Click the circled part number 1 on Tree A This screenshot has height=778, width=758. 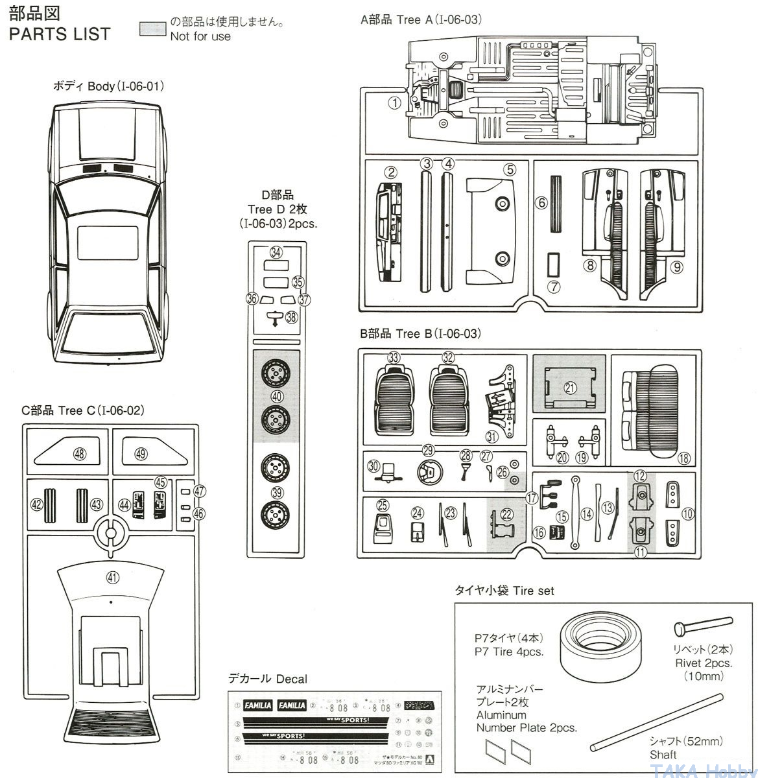point(394,102)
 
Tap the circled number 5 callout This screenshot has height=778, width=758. point(510,170)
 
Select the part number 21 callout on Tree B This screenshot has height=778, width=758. point(570,388)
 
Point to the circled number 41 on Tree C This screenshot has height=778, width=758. point(113,578)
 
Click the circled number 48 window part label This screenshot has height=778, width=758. point(79,454)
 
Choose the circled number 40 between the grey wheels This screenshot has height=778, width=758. point(277,397)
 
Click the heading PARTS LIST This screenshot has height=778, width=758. point(60,34)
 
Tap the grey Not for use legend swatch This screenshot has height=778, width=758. point(152,28)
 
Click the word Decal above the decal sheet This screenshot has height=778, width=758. point(291,679)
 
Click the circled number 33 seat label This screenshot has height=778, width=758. point(394,357)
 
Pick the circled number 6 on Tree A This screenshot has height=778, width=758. point(541,203)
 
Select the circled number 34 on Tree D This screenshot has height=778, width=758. point(276,252)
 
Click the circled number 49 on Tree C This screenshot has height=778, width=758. point(141,454)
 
